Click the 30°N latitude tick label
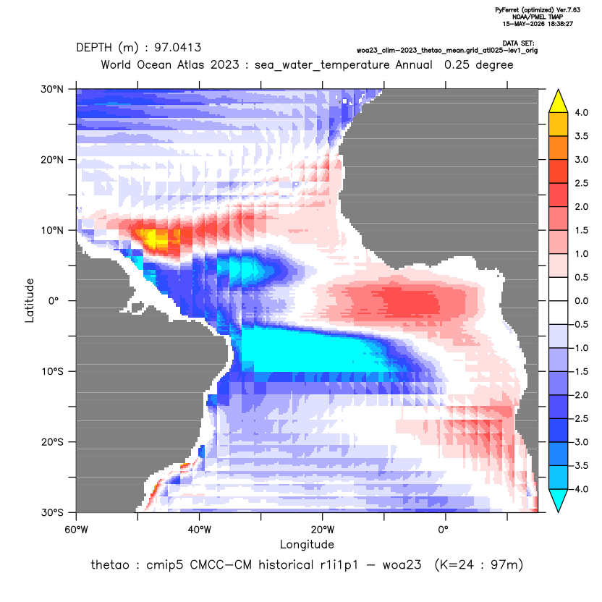[52, 89]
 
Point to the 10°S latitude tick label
[52, 372]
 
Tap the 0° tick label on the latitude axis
[54, 301]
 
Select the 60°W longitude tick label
[76, 530]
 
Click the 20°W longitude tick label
[323, 530]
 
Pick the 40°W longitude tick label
[199, 530]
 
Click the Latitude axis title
[30, 300]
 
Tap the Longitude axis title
[307, 544]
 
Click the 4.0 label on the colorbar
[581, 112]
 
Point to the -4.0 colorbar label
[580, 489]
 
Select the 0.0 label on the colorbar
[581, 301]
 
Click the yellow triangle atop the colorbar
[559, 101]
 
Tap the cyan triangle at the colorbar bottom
[559, 501]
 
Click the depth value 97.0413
[177, 48]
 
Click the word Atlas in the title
[190, 65]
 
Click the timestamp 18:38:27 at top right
[559, 24]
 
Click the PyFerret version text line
[538, 10]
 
